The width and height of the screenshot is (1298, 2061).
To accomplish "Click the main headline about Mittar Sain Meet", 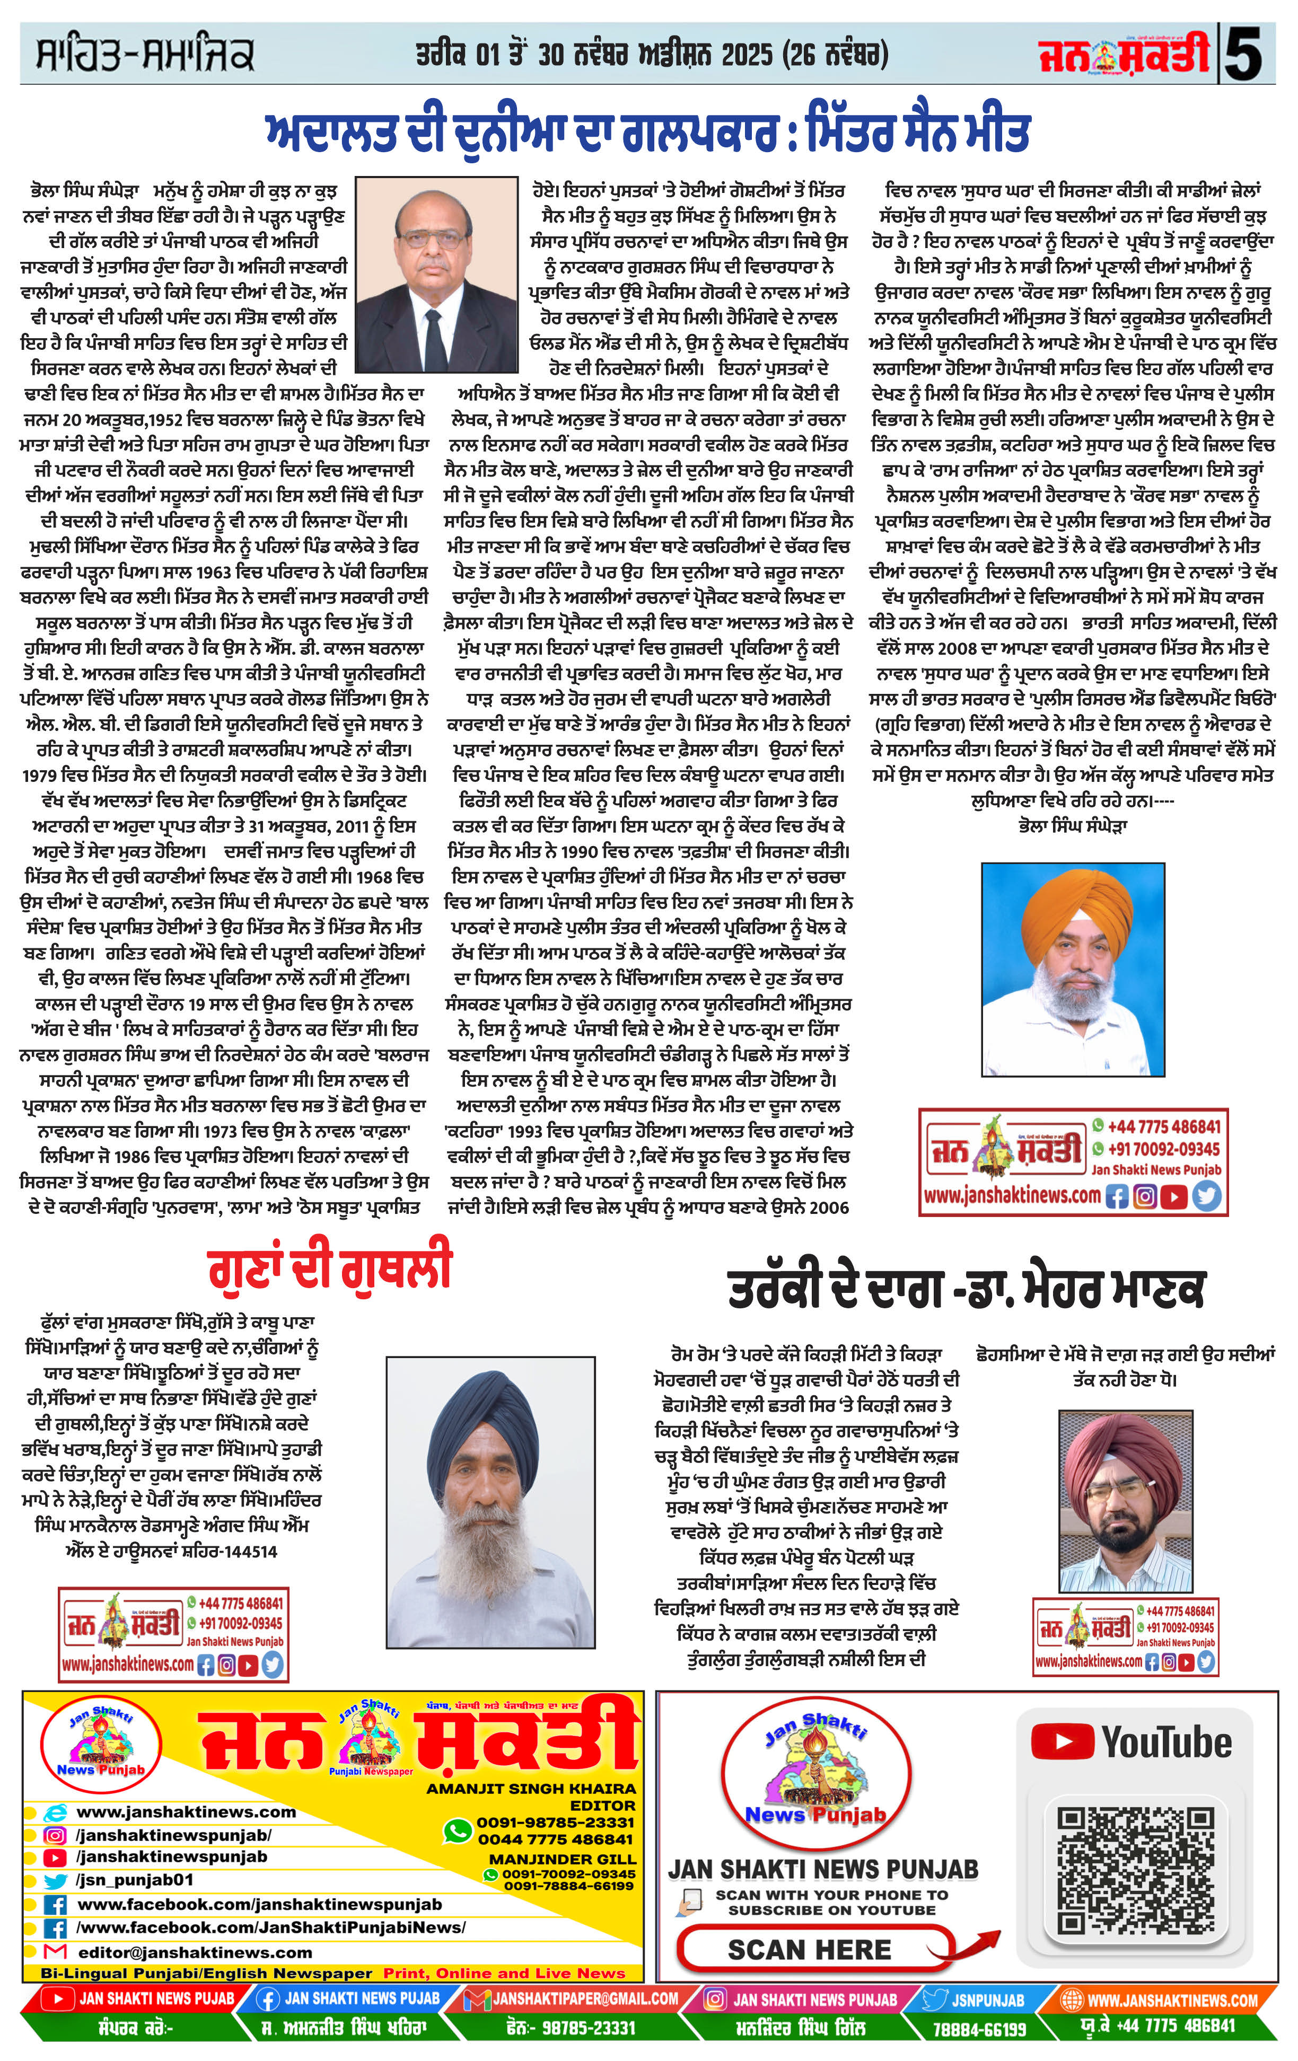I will [647, 133].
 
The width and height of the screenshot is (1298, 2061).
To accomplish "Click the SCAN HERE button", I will [809, 1950].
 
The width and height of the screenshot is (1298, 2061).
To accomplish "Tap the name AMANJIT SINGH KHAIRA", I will [531, 1789].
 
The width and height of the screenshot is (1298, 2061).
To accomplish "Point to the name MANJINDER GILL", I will [563, 1859].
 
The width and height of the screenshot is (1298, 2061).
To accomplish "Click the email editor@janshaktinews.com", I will [195, 1952].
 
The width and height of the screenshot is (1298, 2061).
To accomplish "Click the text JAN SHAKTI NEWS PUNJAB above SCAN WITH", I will [822, 1869].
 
